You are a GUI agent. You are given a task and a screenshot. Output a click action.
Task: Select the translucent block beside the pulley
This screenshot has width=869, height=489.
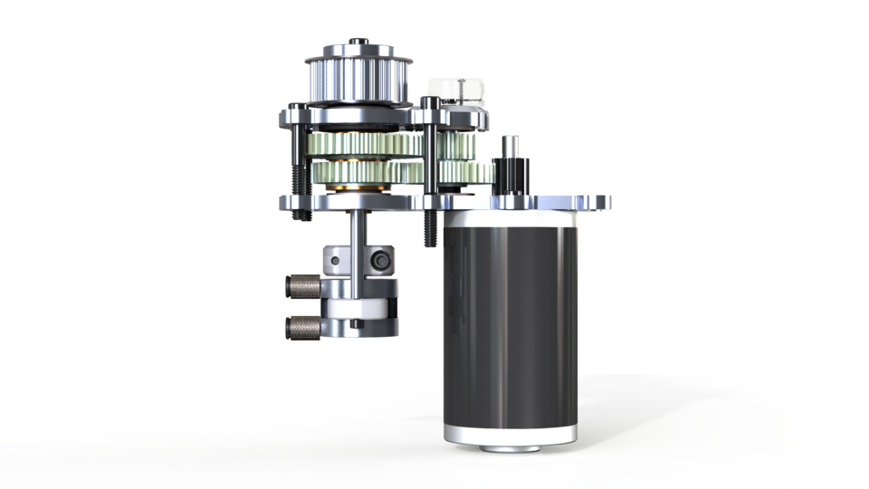point(456,90)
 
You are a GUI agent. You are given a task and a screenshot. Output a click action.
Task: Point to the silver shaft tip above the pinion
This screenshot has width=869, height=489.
point(511,145)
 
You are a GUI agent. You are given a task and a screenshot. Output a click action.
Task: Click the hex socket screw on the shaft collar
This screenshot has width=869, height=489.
point(378,261)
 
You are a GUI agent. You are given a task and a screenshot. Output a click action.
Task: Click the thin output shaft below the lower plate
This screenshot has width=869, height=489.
point(359,226)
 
